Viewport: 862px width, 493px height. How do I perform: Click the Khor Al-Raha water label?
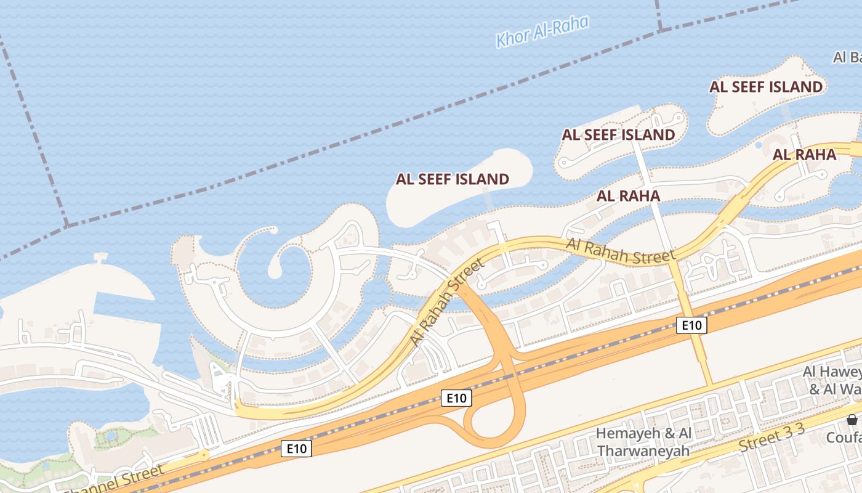click(x=542, y=31)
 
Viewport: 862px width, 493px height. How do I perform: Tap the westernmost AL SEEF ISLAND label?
click(x=453, y=179)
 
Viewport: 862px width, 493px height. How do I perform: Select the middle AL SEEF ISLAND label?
click(x=618, y=134)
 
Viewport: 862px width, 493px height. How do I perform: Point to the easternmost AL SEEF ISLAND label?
click(x=766, y=87)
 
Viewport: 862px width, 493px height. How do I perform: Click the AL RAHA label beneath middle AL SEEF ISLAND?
click(x=628, y=196)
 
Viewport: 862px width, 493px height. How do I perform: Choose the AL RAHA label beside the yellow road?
click(x=805, y=155)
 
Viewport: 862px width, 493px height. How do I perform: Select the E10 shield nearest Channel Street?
click(x=296, y=449)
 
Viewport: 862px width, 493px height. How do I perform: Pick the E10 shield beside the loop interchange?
click(x=456, y=398)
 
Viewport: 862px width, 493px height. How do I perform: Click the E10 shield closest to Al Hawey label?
click(x=691, y=325)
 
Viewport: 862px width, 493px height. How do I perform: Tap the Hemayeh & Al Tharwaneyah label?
click(x=643, y=442)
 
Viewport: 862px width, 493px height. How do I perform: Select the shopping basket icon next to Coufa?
click(x=853, y=420)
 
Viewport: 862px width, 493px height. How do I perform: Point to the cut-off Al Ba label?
click(x=847, y=57)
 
